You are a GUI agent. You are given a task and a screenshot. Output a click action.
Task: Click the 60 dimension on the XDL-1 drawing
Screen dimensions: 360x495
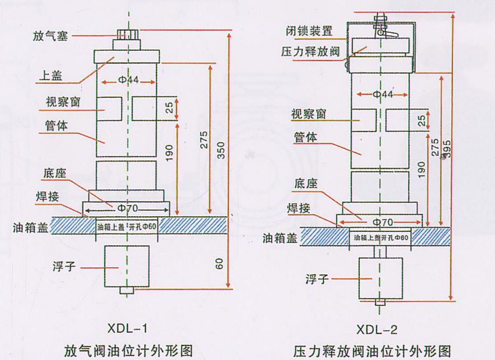pyautogui.click(x=220, y=262)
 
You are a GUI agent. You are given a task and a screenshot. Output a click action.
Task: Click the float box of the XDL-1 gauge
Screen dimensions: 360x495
pyautogui.click(x=128, y=267)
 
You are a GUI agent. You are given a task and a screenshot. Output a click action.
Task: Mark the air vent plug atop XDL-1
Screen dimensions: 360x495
pyautogui.click(x=128, y=36)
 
